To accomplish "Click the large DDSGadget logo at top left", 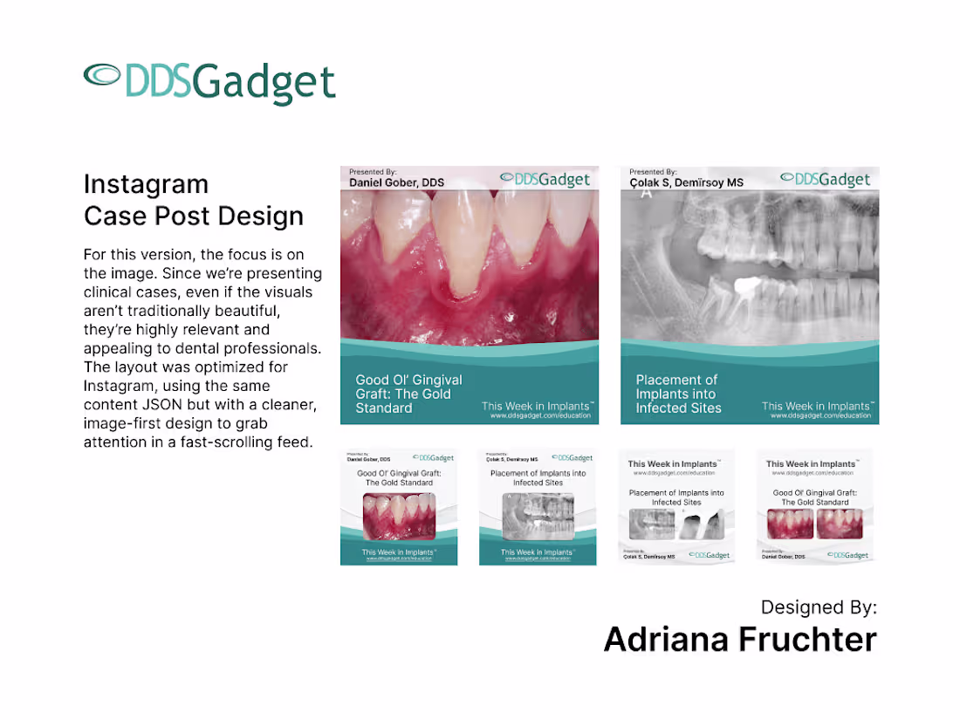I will pos(209,83).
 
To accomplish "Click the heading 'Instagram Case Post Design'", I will pos(194,200).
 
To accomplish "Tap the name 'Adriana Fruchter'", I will pos(740,640).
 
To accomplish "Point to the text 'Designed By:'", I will pos(819,607).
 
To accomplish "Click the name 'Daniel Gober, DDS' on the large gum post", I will pos(396,182).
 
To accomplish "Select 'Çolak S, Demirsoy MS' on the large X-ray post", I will pos(686,182).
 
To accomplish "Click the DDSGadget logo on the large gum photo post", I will pos(545,179).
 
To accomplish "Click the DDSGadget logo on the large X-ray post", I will pos(826,179).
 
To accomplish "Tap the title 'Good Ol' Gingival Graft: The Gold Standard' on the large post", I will pos(408,394).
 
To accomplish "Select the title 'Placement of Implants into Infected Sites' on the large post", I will pos(678,394).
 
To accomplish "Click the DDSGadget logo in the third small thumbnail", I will pos(709,555).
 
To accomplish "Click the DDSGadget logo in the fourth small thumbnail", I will pos(847,555).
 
